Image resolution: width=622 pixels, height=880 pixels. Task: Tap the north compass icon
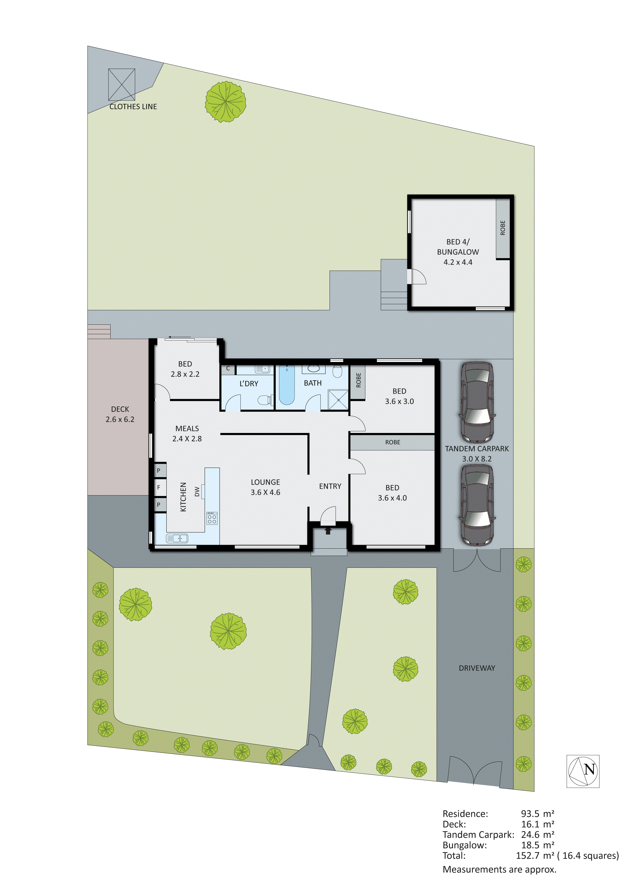tap(583, 771)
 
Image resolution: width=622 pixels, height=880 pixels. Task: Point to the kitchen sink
tap(177, 538)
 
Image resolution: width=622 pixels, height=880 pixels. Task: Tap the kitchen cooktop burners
tap(212, 519)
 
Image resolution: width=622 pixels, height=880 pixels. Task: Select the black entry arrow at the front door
tap(328, 531)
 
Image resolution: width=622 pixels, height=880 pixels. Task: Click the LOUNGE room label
tap(265, 482)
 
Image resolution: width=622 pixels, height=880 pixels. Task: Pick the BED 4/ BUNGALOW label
tap(458, 247)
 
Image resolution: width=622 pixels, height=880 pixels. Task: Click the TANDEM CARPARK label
tap(477, 449)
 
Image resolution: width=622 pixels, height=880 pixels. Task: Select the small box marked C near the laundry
tap(228, 369)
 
